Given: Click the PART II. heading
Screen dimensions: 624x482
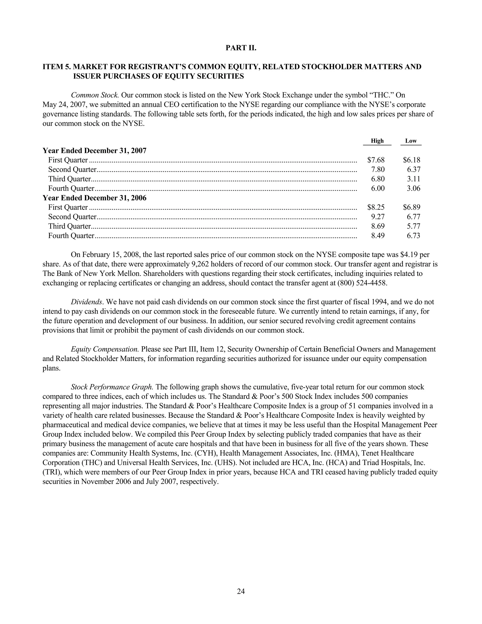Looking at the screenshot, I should tap(241, 48).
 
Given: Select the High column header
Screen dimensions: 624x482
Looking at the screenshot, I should tap(377, 141).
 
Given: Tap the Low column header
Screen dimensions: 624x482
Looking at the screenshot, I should tap(411, 141).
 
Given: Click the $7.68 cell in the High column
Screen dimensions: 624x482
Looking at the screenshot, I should tap(376, 160).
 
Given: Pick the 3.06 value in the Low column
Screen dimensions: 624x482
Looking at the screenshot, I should tap(414, 188).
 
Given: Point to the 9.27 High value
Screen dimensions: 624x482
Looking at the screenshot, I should tap(378, 217).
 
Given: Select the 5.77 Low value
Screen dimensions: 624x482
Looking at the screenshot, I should tap(414, 226).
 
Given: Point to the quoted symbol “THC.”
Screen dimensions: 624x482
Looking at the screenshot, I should tap(377, 95).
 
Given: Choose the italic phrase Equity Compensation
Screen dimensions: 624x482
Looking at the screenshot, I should tap(105, 349).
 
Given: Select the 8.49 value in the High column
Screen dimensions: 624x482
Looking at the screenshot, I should tap(378, 236).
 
